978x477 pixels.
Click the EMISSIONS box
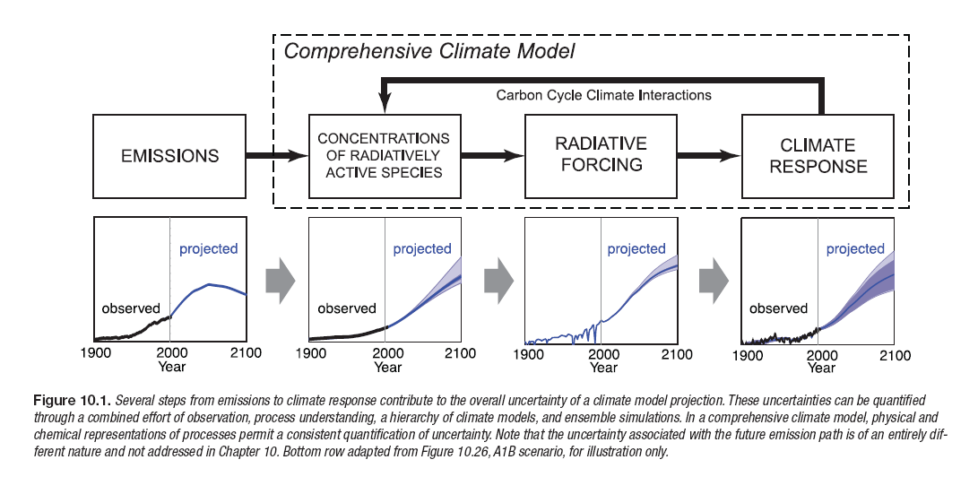pyautogui.click(x=169, y=156)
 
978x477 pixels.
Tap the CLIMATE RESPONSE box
pyautogui.click(x=818, y=155)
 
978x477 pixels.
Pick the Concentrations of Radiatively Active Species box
pyautogui.click(x=384, y=155)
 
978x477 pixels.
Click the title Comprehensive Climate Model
pyautogui.click(x=429, y=51)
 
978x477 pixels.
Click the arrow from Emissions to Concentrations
pyautogui.click(x=276, y=156)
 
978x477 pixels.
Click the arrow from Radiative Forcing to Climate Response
pyautogui.click(x=708, y=155)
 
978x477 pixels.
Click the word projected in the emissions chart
pyautogui.click(x=208, y=248)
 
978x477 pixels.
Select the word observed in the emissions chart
pyautogui.click(x=130, y=308)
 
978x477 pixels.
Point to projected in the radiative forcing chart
pyautogui.click(x=636, y=248)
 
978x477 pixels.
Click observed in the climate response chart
pyautogui.click(x=778, y=308)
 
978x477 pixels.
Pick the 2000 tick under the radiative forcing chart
pyautogui.click(x=602, y=353)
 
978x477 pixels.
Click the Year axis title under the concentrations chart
pyautogui.click(x=388, y=367)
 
